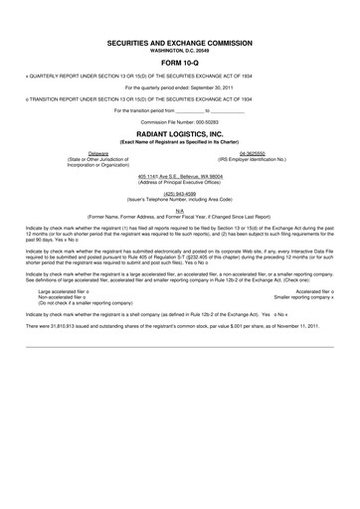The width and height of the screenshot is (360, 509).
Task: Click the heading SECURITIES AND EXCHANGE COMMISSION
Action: pos(180,45)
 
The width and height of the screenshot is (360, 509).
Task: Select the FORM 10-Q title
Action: pos(180,67)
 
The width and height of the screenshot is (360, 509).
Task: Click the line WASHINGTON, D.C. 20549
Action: pos(180,53)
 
